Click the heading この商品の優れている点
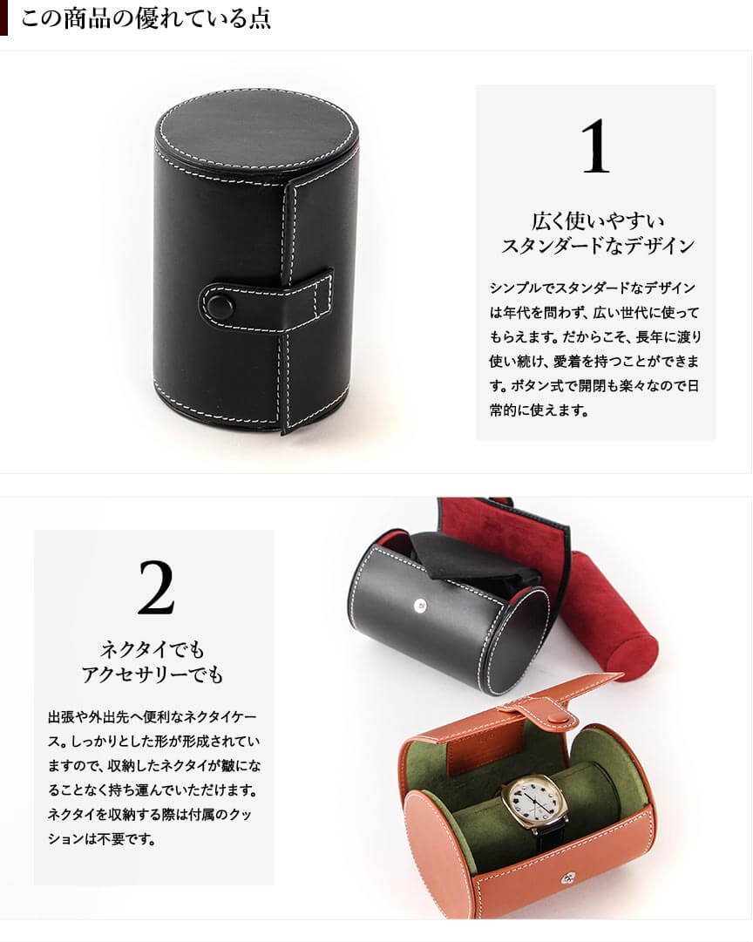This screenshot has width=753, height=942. (146, 18)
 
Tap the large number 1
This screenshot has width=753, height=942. (595, 146)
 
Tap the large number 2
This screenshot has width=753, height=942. (156, 588)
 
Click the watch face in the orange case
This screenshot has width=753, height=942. (528, 803)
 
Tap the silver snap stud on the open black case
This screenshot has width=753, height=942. (421, 606)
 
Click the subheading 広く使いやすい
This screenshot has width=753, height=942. (598, 220)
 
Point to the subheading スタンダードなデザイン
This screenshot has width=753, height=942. (598, 246)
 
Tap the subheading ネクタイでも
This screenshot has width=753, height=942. (153, 649)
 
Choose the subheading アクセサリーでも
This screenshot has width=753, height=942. (153, 674)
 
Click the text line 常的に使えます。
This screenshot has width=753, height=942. (539, 410)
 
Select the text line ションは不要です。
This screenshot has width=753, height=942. (102, 838)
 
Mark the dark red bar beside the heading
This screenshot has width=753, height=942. (3, 18)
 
